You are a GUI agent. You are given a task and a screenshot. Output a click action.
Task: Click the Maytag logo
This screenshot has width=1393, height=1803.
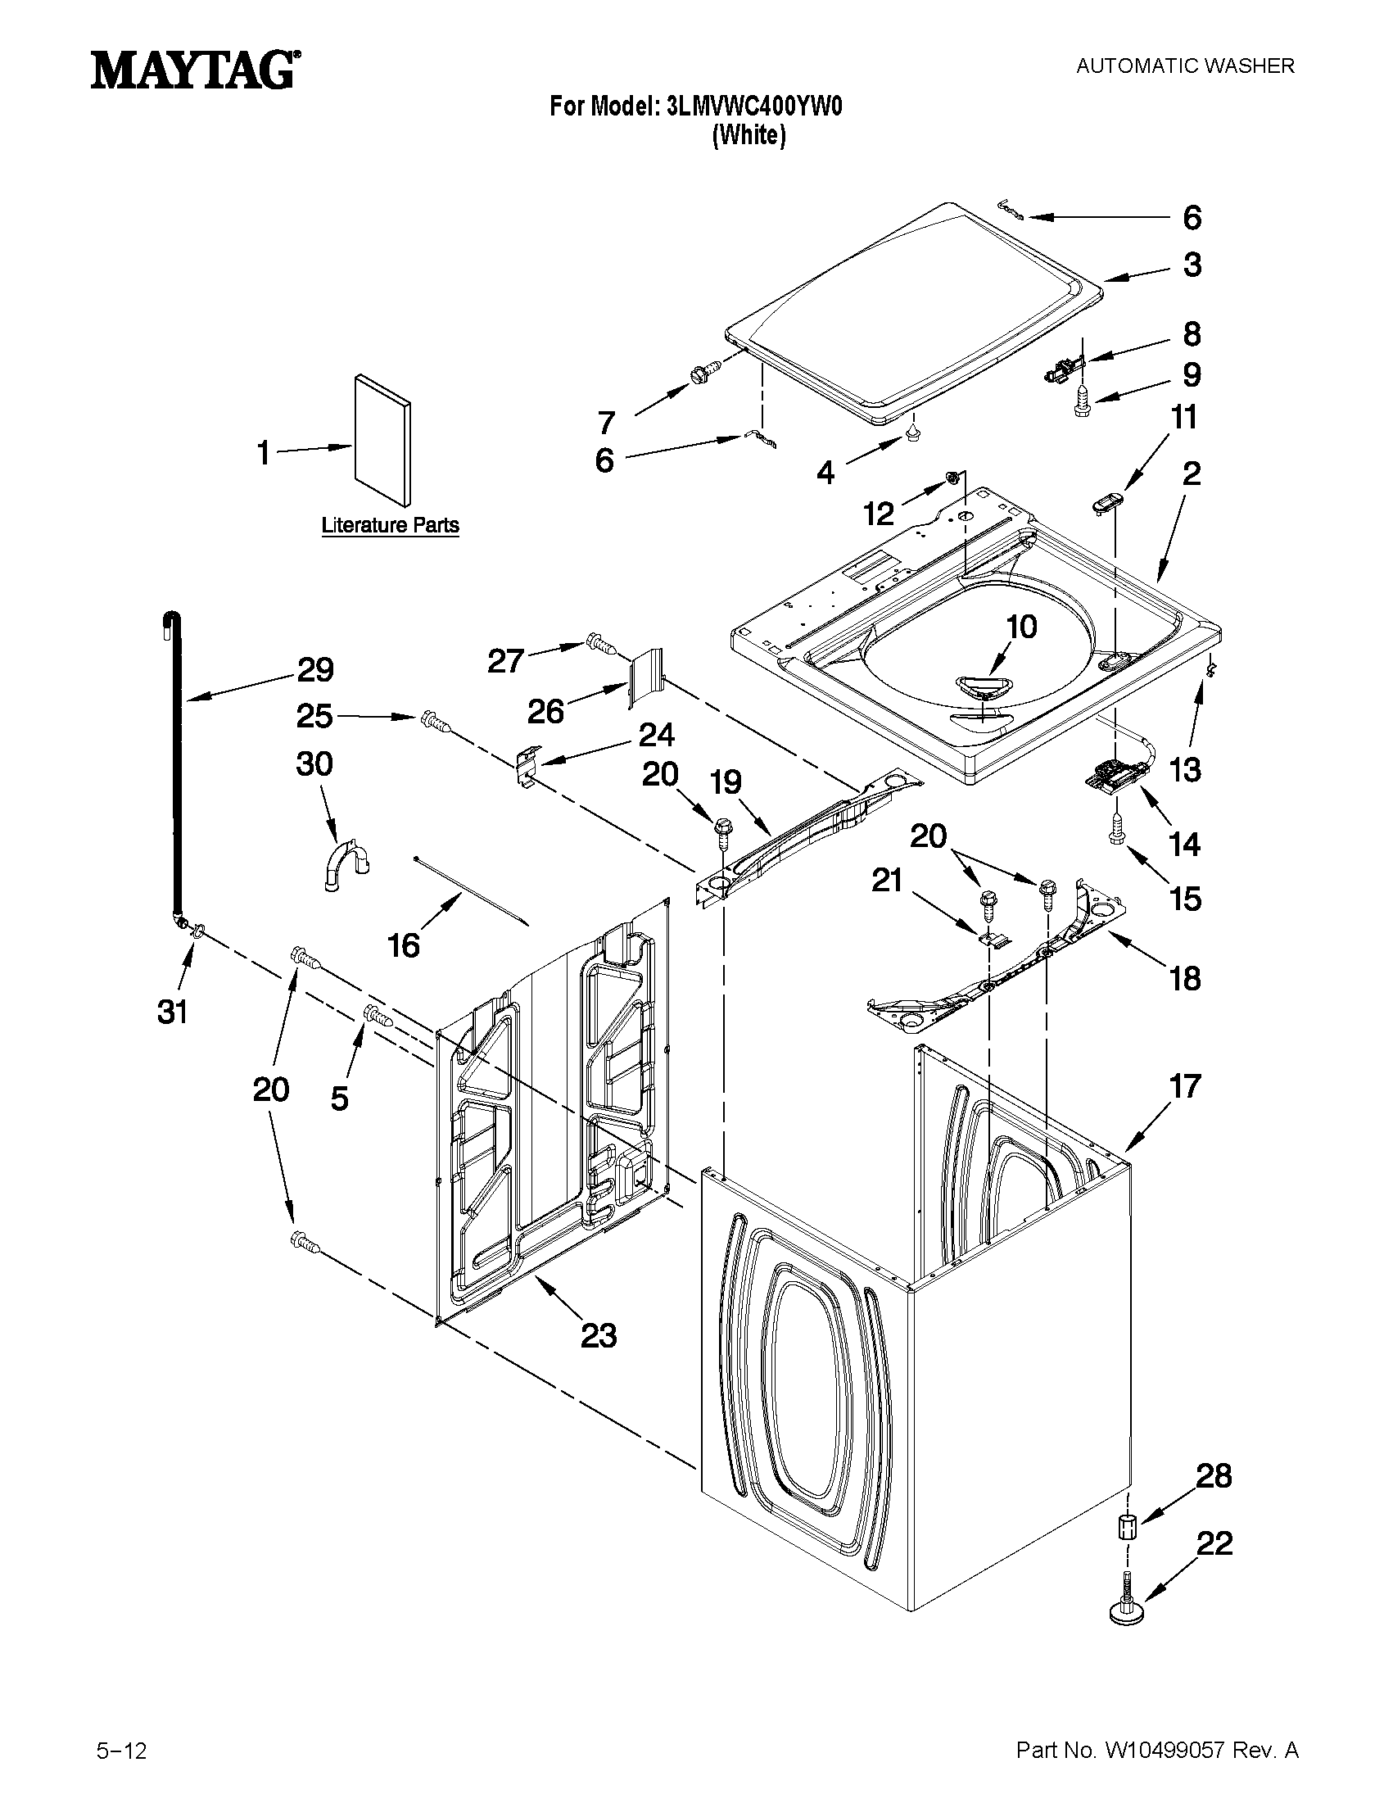(x=195, y=70)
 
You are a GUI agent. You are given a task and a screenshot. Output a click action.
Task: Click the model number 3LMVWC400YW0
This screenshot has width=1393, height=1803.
(x=753, y=106)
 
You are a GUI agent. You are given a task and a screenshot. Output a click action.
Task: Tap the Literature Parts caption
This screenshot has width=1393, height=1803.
(x=390, y=525)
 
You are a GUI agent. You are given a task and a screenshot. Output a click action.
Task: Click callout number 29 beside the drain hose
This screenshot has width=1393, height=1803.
(x=314, y=669)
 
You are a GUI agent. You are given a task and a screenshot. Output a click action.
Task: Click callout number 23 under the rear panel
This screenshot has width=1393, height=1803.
(x=599, y=1335)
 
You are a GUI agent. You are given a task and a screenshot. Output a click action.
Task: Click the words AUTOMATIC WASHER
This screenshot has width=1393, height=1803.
(x=1184, y=66)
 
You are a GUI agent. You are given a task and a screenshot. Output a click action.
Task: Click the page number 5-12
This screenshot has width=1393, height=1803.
(x=121, y=1743)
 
